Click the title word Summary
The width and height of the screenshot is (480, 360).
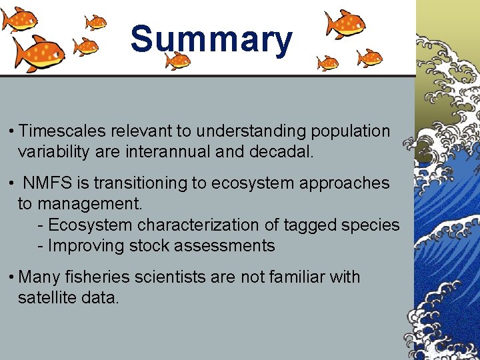pos(211,40)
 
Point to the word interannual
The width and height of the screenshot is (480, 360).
pos(168,152)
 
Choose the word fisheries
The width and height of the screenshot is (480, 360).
pos(96,277)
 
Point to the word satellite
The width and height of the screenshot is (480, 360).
pos(45,297)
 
